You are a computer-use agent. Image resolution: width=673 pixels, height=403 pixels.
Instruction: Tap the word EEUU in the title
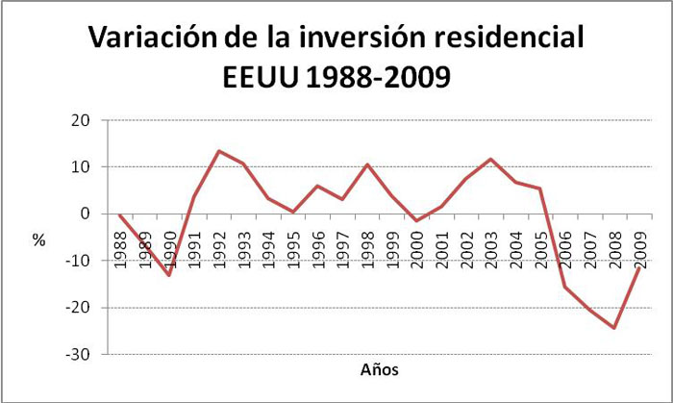(261, 77)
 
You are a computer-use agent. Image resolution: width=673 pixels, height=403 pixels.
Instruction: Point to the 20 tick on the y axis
(80, 120)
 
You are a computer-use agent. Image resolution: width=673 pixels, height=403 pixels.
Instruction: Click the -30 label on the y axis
(78, 355)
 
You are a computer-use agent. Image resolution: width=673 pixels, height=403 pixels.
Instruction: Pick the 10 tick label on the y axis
(80, 167)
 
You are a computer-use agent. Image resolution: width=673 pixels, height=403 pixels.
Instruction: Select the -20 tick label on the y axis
(78, 308)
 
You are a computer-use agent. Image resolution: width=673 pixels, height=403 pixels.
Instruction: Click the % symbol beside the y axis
(39, 240)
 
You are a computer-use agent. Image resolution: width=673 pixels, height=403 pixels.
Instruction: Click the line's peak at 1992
(219, 151)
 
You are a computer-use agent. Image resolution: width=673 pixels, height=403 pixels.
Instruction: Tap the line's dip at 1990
(169, 275)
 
